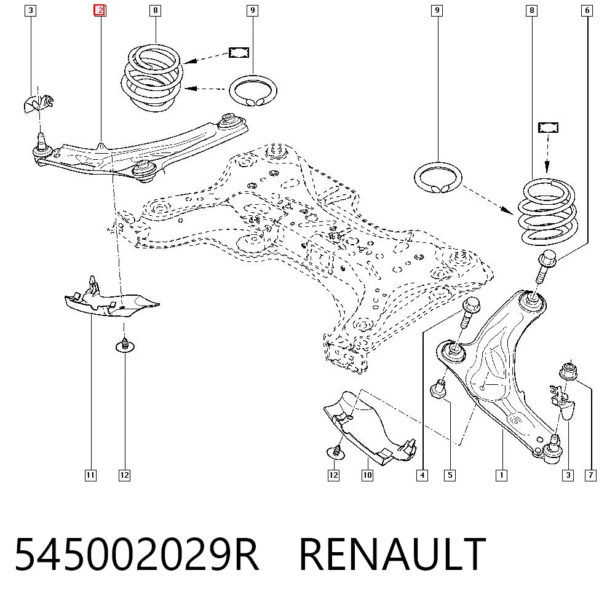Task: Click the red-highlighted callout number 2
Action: pos(100,10)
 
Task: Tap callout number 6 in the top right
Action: pos(587,10)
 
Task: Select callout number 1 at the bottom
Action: pos(501,475)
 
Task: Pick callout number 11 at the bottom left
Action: pos(90,475)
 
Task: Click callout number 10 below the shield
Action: pos(367,475)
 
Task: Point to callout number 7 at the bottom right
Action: pos(590,475)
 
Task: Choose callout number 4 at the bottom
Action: pos(422,475)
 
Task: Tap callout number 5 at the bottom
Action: pos(450,475)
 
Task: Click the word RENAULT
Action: pos(392,554)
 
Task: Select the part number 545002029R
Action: pos(137,554)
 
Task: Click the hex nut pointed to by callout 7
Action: pos(568,371)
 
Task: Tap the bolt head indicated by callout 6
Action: pos(548,258)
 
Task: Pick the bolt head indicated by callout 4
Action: pos(472,305)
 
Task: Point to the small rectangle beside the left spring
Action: pos(239,52)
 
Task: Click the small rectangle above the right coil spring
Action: pos(548,127)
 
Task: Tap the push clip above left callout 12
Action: pos(125,346)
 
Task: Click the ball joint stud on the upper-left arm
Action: pos(40,140)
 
